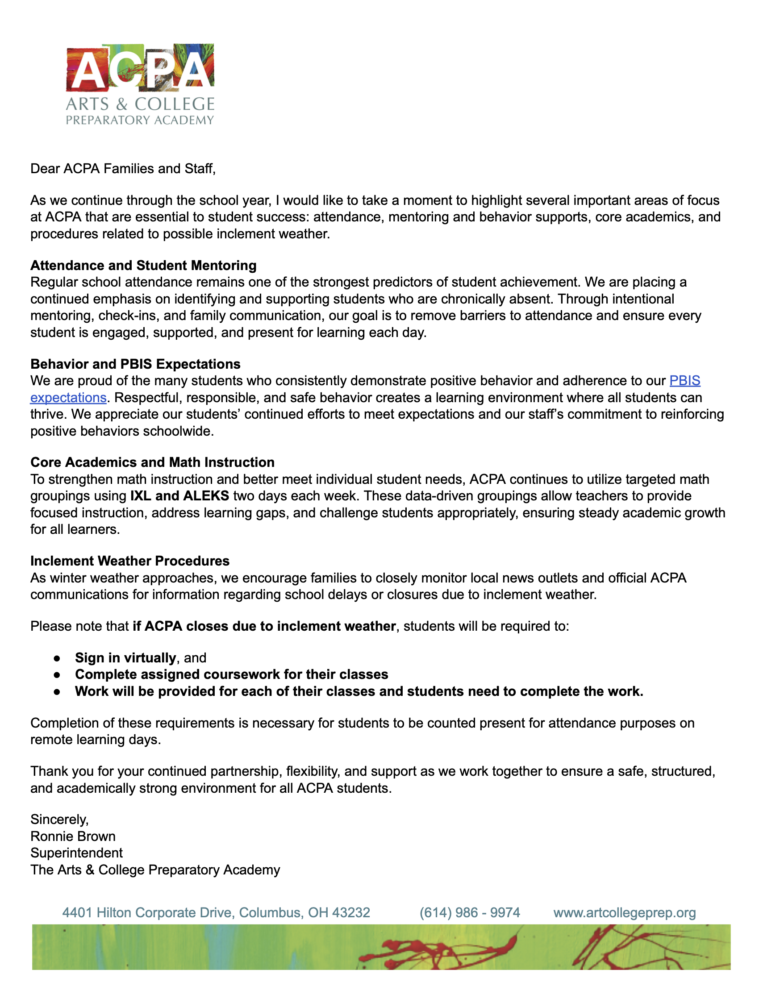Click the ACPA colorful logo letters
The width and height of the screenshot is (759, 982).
140,67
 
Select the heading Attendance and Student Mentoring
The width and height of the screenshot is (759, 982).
143,265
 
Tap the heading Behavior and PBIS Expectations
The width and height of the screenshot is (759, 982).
135,364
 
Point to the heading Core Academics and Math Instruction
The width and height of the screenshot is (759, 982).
152,462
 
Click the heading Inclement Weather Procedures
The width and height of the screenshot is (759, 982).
130,561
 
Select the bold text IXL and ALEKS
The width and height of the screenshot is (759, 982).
180,496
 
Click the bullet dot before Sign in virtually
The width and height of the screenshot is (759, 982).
57,658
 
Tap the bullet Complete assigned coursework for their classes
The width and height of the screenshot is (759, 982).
232,674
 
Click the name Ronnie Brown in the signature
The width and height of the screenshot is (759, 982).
73,836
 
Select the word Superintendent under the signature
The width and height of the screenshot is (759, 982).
76,853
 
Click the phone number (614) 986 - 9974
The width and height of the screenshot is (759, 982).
469,912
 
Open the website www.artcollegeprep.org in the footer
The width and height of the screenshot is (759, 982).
625,912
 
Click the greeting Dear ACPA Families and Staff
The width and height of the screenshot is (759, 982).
123,169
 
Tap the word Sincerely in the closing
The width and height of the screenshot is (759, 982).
59,819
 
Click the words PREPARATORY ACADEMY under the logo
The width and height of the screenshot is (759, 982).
140,121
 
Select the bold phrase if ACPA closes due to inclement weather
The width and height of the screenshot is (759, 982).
264,626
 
